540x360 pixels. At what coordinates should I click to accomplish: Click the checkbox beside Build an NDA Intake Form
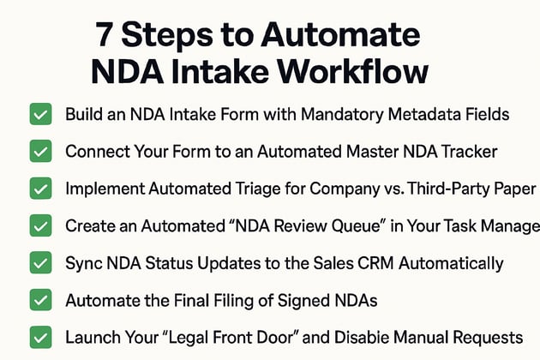click(39, 115)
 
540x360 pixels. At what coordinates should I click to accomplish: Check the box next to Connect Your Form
click(39, 152)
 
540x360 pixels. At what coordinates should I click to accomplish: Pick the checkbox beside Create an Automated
click(39, 226)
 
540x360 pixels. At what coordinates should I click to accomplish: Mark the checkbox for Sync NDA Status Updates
click(39, 263)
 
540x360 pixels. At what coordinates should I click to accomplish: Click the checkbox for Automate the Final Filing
click(39, 300)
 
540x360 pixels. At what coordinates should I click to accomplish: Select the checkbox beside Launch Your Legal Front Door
click(39, 338)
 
